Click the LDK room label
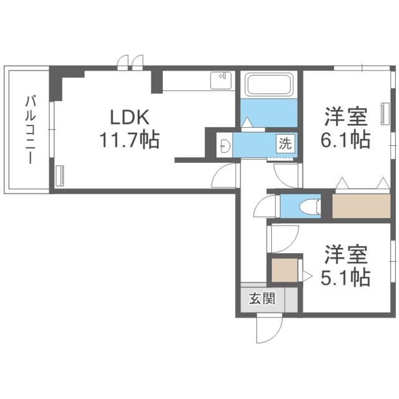(130, 118)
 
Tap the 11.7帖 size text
(129, 140)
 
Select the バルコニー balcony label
(31, 130)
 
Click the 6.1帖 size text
(345, 140)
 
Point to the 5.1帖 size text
(345, 277)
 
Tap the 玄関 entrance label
(262, 298)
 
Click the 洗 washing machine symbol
(286, 144)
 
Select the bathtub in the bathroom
(269, 85)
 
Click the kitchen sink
(221, 80)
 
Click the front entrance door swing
(269, 329)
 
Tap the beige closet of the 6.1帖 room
(361, 206)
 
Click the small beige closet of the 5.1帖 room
(284, 270)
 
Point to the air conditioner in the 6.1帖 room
(384, 113)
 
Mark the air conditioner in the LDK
(60, 176)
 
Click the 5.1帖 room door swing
(284, 238)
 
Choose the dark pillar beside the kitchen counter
(156, 82)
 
